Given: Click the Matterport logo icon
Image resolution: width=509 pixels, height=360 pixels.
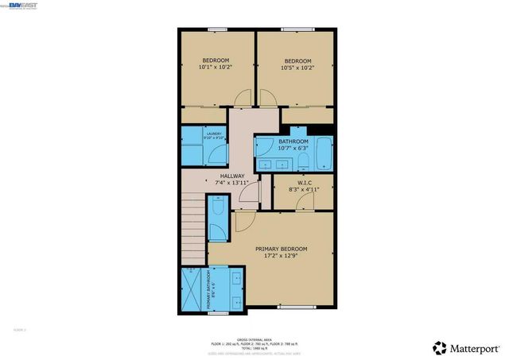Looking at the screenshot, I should click(x=439, y=347).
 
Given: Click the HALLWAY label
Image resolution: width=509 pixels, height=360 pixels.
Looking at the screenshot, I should click(x=232, y=176).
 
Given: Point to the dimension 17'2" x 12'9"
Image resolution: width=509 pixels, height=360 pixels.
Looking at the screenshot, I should click(x=281, y=256).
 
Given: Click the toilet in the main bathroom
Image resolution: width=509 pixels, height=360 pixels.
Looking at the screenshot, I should click(x=302, y=162).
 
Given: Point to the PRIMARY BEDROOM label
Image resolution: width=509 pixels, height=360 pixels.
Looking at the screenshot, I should click(x=281, y=249).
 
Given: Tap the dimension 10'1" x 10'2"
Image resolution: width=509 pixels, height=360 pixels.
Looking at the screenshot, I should click(x=215, y=68).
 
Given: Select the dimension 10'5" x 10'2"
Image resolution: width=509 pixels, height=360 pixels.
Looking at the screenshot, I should click(x=297, y=68).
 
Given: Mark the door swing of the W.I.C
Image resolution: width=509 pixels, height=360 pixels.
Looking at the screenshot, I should click(x=303, y=202).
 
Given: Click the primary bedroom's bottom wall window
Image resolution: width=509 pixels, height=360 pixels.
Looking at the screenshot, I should click(x=287, y=307).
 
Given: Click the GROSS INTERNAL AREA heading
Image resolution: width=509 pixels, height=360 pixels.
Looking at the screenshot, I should click(x=254, y=338).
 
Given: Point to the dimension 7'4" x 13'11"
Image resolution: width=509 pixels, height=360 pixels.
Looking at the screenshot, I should click(x=232, y=183).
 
